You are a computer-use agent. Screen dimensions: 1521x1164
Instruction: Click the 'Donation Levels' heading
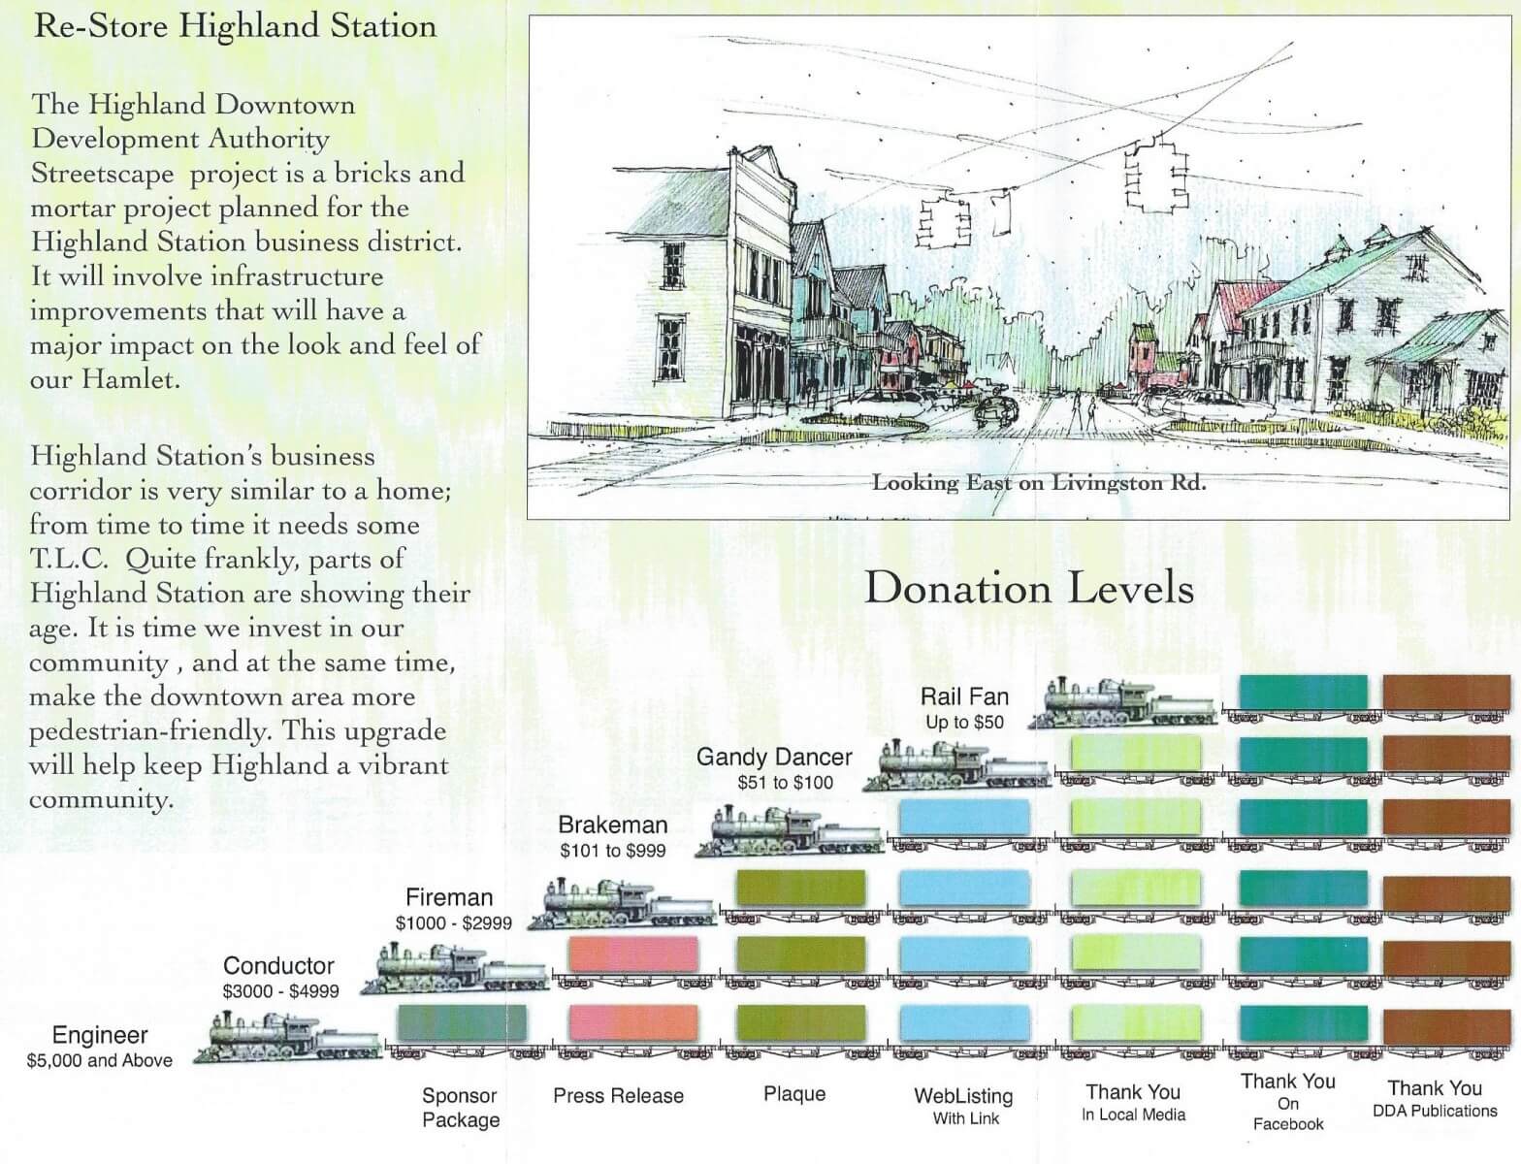click(x=1029, y=589)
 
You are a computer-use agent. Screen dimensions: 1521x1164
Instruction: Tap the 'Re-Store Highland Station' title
click(x=235, y=27)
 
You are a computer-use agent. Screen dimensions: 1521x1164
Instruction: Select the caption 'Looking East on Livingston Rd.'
click(x=1039, y=483)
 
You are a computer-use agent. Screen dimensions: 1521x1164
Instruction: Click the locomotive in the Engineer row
click(x=287, y=1037)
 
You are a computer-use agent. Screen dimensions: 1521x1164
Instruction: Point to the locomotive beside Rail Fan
click(x=1121, y=702)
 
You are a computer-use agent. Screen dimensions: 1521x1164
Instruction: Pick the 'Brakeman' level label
click(x=612, y=824)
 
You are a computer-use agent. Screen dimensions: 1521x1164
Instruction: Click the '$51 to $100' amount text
click(x=785, y=783)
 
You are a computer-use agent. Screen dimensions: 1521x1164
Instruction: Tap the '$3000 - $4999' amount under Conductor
click(x=280, y=991)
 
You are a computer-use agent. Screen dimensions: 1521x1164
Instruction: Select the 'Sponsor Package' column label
click(x=460, y=1107)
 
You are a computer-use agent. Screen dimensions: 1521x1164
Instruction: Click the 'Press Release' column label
click(x=618, y=1095)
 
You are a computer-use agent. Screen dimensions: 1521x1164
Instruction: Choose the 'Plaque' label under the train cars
click(x=794, y=1094)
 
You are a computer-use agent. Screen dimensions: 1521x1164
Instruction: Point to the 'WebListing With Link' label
click(x=963, y=1106)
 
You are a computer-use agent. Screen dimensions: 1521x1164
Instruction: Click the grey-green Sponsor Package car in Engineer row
click(x=462, y=1022)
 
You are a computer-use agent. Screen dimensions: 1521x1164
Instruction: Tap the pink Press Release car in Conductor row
click(x=633, y=954)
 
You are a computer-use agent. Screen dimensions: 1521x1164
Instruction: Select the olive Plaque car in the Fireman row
click(x=800, y=888)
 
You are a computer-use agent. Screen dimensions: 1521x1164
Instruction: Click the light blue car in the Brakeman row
click(x=964, y=817)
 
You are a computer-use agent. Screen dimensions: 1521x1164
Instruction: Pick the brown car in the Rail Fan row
click(x=1447, y=693)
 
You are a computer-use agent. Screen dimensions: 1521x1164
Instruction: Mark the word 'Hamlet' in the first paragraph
click(x=127, y=379)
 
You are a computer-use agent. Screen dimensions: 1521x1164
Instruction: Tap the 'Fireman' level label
click(x=449, y=897)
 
